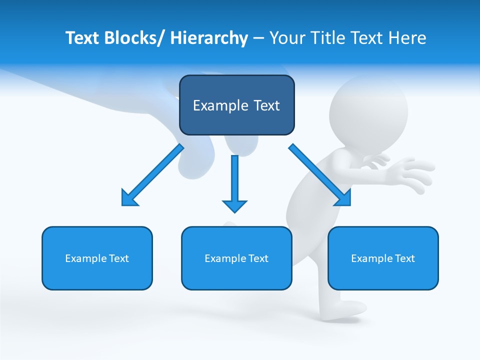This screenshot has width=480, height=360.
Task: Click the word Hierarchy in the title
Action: (209, 38)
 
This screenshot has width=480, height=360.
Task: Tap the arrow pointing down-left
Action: (152, 174)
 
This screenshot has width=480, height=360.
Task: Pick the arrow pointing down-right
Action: (320, 174)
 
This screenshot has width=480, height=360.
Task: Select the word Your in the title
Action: (286, 38)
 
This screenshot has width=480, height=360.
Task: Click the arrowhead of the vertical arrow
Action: (234, 205)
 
